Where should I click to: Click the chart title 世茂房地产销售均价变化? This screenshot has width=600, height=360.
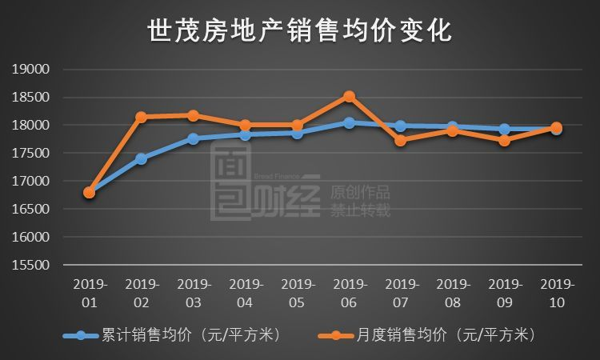tap(300, 31)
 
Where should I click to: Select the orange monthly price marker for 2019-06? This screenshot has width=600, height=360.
tap(349, 96)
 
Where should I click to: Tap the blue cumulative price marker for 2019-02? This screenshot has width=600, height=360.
tap(142, 158)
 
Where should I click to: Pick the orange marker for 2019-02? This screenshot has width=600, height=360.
tap(142, 117)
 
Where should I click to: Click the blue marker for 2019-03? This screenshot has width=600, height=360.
tap(194, 138)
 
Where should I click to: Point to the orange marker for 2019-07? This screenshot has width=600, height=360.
tap(401, 141)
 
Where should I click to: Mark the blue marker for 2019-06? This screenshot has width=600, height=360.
tap(349, 122)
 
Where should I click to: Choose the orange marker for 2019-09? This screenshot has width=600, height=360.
tap(504, 141)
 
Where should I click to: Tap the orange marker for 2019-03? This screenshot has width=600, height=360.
tap(194, 115)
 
